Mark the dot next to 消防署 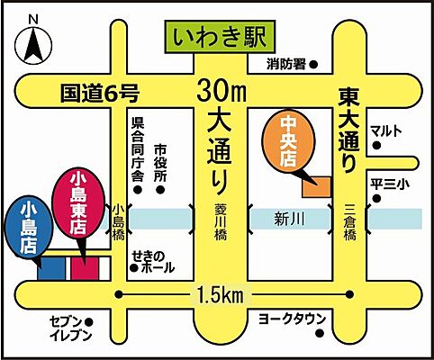coord(313,65)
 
